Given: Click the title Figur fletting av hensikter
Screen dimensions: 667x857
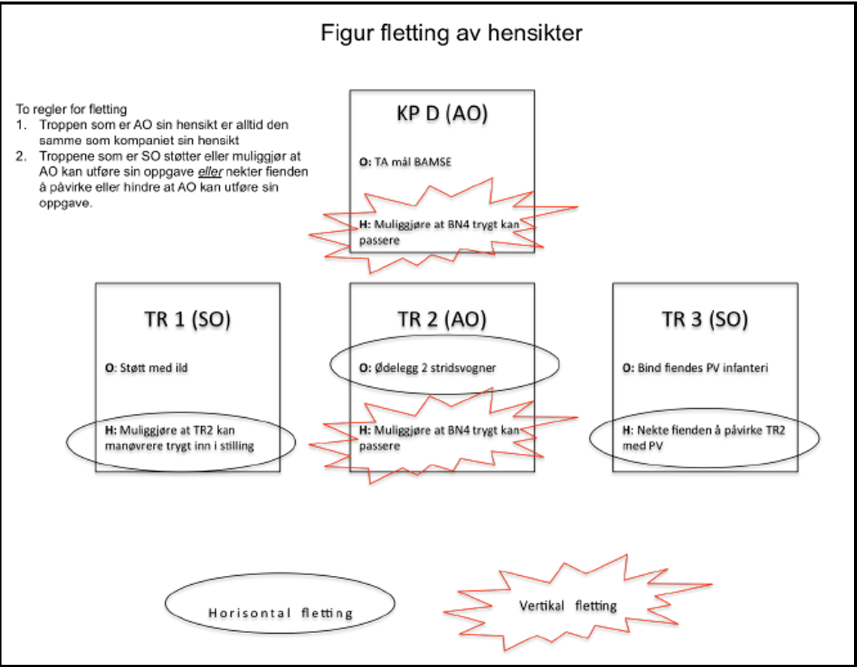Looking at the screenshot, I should click(x=451, y=34).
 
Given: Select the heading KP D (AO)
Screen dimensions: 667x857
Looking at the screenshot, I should click(x=442, y=114).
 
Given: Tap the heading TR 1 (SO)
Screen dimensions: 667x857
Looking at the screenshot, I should click(x=188, y=319).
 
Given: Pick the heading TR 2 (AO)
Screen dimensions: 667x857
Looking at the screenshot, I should click(x=442, y=319).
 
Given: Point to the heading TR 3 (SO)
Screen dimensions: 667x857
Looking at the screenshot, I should click(x=705, y=319).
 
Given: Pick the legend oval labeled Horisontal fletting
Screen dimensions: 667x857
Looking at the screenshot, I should click(x=280, y=612).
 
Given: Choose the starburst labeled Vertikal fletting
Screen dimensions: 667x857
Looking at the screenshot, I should click(x=568, y=605).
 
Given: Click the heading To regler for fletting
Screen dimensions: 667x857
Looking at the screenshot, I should click(x=72, y=110).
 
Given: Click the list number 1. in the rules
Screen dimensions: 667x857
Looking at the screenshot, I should click(x=22, y=124).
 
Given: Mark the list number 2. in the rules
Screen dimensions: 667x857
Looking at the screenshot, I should click(x=22, y=156).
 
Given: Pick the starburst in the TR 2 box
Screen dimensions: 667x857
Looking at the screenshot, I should click(x=444, y=437).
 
